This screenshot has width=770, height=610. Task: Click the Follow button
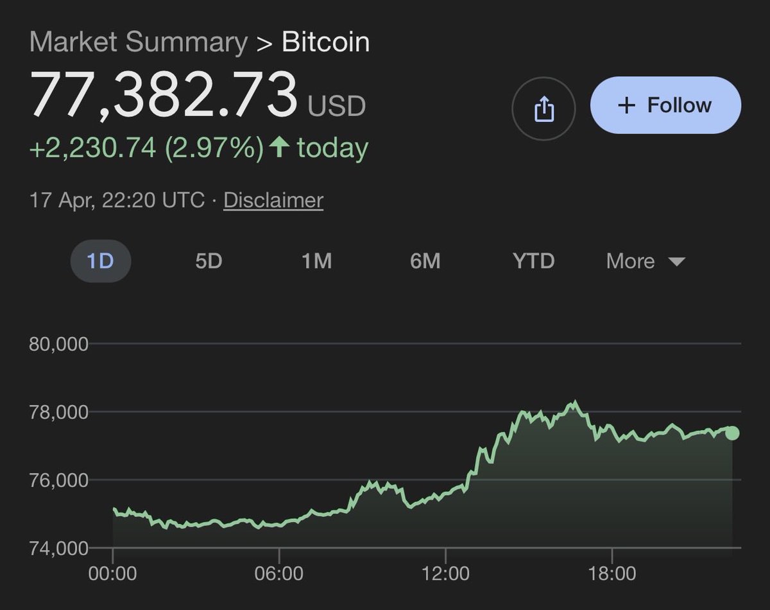665,105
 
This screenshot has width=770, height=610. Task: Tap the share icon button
543,109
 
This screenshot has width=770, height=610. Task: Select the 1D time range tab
100,261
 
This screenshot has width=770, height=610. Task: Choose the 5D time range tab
209,261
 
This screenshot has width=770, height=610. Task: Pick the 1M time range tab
316,261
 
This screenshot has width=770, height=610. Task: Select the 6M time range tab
425,261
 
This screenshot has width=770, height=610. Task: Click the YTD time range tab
533,261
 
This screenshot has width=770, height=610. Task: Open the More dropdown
646,261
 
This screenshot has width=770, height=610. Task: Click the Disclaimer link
273,200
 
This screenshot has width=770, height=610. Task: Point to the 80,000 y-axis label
58,344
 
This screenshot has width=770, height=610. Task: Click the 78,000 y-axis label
58,412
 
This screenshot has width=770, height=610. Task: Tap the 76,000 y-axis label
58,480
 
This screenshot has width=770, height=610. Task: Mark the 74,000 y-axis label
58,548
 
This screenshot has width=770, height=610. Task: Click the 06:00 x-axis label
280,573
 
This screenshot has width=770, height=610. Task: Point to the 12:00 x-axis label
446,573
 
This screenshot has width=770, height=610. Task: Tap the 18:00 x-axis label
612,573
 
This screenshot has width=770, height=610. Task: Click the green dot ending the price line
732,433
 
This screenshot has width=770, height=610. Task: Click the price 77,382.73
164,95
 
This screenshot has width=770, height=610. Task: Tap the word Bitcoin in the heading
325,42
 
